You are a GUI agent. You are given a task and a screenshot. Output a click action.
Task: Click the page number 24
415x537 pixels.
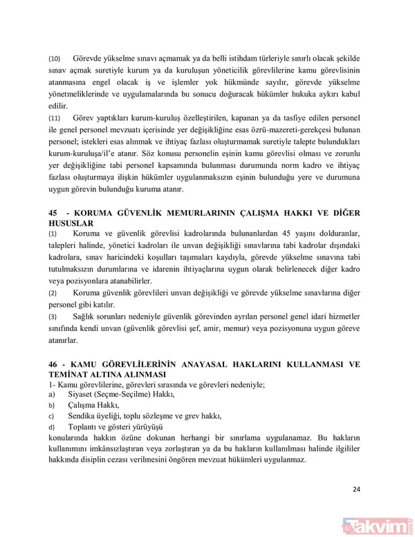coord(356,490)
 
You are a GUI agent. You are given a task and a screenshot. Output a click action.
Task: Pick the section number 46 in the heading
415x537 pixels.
coord(53,364)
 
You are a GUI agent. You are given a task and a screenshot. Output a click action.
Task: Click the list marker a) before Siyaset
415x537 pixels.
coord(50,394)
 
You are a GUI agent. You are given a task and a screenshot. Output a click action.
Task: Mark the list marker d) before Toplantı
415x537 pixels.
coord(50,427)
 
